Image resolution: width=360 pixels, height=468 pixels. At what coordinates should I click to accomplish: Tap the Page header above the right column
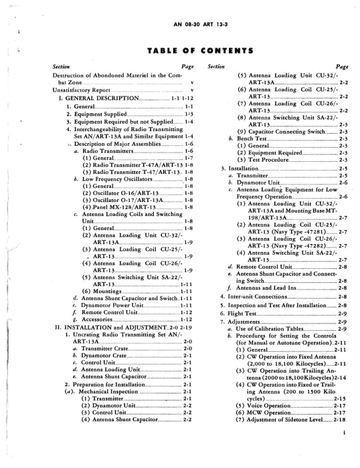[342, 66]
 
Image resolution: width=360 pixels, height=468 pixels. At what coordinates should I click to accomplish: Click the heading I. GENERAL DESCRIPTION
[99, 98]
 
